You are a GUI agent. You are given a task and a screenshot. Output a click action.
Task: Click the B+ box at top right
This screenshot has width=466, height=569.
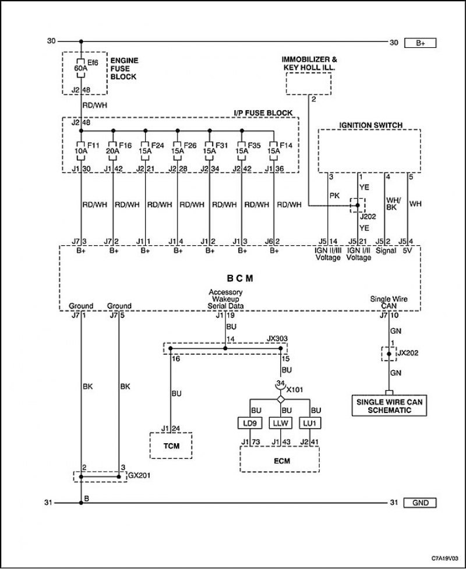pyautogui.click(x=420, y=43)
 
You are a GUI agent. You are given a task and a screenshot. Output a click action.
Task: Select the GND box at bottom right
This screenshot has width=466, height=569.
pyautogui.click(x=420, y=503)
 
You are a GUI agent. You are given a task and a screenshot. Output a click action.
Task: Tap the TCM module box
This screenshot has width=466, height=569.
pyautogui.click(x=171, y=446)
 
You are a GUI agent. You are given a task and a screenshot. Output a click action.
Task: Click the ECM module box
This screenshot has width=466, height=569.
pyautogui.click(x=280, y=460)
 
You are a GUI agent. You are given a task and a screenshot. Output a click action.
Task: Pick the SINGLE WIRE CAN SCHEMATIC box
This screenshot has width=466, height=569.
pyautogui.click(x=389, y=406)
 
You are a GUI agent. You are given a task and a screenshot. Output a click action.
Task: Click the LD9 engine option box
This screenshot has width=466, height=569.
pyautogui.click(x=250, y=423)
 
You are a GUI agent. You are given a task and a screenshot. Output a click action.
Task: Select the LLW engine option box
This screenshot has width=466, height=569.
pyautogui.click(x=281, y=423)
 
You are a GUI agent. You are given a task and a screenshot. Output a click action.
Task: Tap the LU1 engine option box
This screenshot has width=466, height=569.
pyautogui.click(x=310, y=423)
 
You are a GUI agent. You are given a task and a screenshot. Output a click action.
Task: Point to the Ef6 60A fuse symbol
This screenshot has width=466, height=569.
pyautogui.click(x=81, y=68)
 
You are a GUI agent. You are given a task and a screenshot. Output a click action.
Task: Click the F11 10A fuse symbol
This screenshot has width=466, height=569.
pyautogui.click(x=81, y=151)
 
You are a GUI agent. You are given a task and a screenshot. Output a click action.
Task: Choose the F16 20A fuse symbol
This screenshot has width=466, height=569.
pyautogui.click(x=113, y=151)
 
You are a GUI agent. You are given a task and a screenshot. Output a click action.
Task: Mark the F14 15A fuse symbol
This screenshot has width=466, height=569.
pyautogui.click(x=274, y=151)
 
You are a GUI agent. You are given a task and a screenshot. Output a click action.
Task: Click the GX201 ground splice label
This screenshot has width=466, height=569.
pyautogui.click(x=139, y=475)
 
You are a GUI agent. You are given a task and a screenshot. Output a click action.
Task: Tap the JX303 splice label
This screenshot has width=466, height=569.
pyautogui.click(x=277, y=338)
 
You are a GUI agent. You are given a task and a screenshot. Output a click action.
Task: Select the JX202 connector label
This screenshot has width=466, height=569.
pyautogui.click(x=408, y=353)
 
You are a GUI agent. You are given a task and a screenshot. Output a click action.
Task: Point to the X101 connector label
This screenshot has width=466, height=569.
pyautogui.click(x=294, y=390)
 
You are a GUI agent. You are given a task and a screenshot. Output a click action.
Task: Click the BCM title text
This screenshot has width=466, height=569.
pyautogui.click(x=240, y=278)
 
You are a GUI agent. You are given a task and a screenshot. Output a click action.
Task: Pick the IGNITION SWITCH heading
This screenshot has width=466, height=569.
pyautogui.click(x=370, y=125)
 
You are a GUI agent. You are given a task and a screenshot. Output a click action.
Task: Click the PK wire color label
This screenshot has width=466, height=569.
pyautogui.click(x=334, y=196)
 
